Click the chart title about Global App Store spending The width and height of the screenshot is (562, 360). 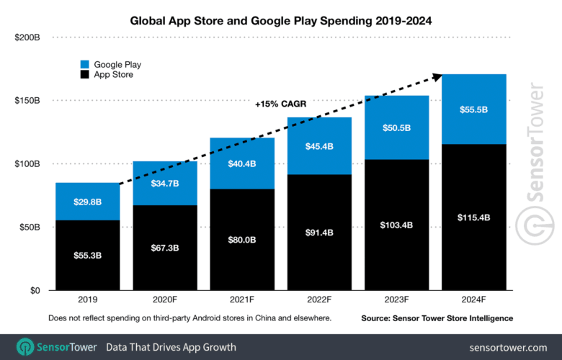[280, 21]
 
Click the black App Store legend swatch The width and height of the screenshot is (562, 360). [86, 74]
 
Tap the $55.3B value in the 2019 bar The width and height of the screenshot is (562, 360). [88, 255]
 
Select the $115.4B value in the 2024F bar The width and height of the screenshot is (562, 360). [474, 217]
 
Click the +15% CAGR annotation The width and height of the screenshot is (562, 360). [280, 104]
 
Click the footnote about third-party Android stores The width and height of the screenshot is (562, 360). [190, 318]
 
